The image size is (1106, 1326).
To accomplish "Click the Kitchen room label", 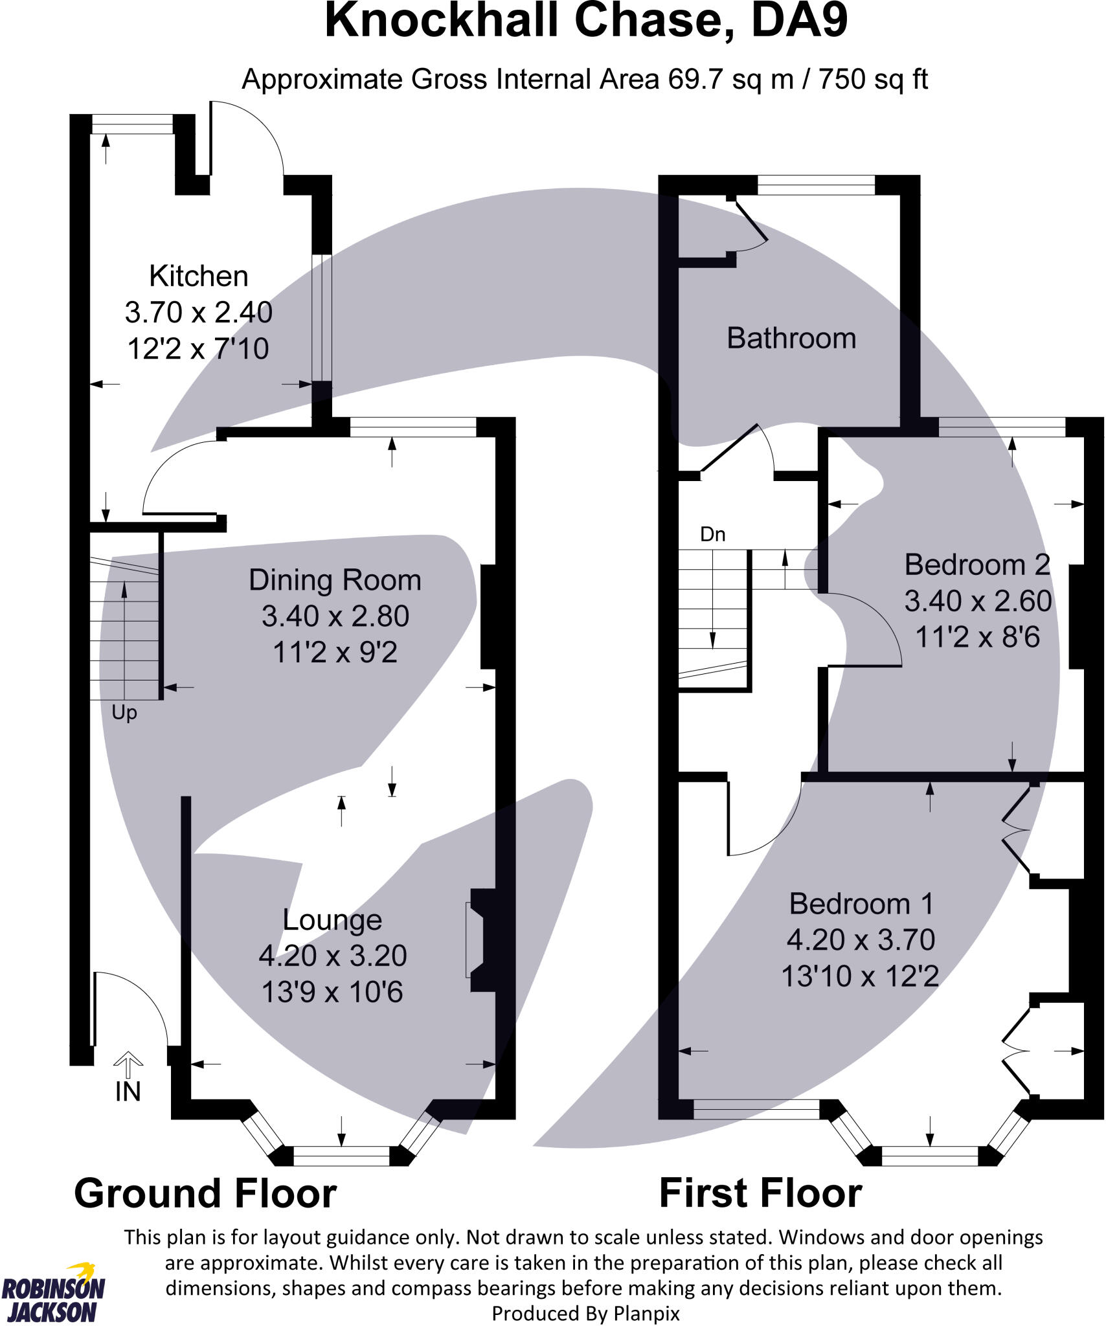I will click(198, 276).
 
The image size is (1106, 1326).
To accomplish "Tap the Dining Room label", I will click(335, 580).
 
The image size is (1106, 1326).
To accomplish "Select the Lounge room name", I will click(332, 920).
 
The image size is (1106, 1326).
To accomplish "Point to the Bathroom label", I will click(791, 339).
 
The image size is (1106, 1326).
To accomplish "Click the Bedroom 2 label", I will click(977, 565).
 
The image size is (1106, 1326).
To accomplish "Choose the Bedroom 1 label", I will click(861, 904).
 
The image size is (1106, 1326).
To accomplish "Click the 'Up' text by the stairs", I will click(124, 713).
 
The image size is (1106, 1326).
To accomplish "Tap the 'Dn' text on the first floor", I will click(712, 534).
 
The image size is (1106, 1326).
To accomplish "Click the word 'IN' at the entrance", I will click(128, 1092).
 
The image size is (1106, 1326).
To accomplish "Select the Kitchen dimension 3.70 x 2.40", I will click(198, 313).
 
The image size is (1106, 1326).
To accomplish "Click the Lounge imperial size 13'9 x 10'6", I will click(332, 993).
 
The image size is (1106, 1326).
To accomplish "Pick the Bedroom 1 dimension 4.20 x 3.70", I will click(861, 940).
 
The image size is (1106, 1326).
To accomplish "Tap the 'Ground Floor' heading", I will click(205, 1193).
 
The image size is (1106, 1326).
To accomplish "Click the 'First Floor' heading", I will click(760, 1193).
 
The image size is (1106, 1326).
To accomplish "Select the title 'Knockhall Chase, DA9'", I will click(586, 21).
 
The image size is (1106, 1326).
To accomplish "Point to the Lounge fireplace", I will click(478, 940).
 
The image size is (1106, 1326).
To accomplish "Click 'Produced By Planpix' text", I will click(585, 1314).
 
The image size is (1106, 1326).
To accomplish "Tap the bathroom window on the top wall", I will click(816, 185).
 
